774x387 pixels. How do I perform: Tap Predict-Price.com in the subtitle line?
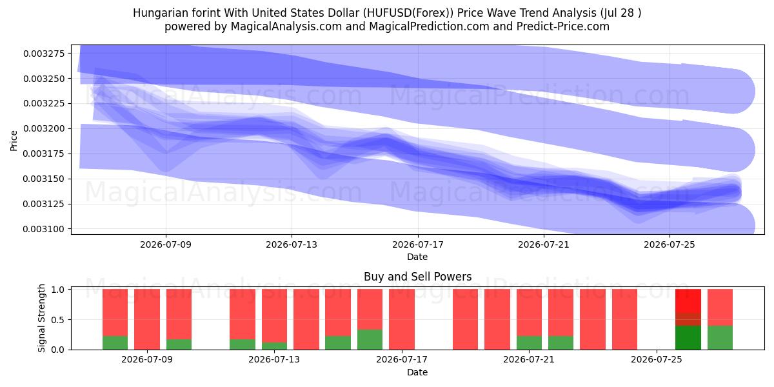pos(563,26)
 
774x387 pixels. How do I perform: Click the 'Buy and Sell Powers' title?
pos(417,277)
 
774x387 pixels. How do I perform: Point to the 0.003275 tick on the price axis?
pos(44,54)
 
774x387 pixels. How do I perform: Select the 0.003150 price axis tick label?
pos(44,179)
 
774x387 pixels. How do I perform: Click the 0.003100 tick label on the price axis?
pos(44,229)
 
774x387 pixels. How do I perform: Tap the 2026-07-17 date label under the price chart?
pos(417,244)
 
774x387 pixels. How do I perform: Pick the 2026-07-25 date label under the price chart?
pos(670,244)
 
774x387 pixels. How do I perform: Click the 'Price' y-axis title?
pos(14,141)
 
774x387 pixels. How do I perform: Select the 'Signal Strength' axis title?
pos(41,318)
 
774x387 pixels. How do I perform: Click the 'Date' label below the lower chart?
pos(417,372)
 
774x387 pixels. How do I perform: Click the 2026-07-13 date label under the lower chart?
pos(274,360)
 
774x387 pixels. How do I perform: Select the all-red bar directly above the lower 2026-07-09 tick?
pos(147,319)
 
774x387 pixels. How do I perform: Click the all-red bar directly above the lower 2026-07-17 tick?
pos(401,319)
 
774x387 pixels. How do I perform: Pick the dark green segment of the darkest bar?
pos(688,337)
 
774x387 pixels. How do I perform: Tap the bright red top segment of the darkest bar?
pos(688,301)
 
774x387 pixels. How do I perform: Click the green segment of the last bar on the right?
pos(720,337)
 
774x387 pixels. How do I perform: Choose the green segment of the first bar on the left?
pos(115,342)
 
